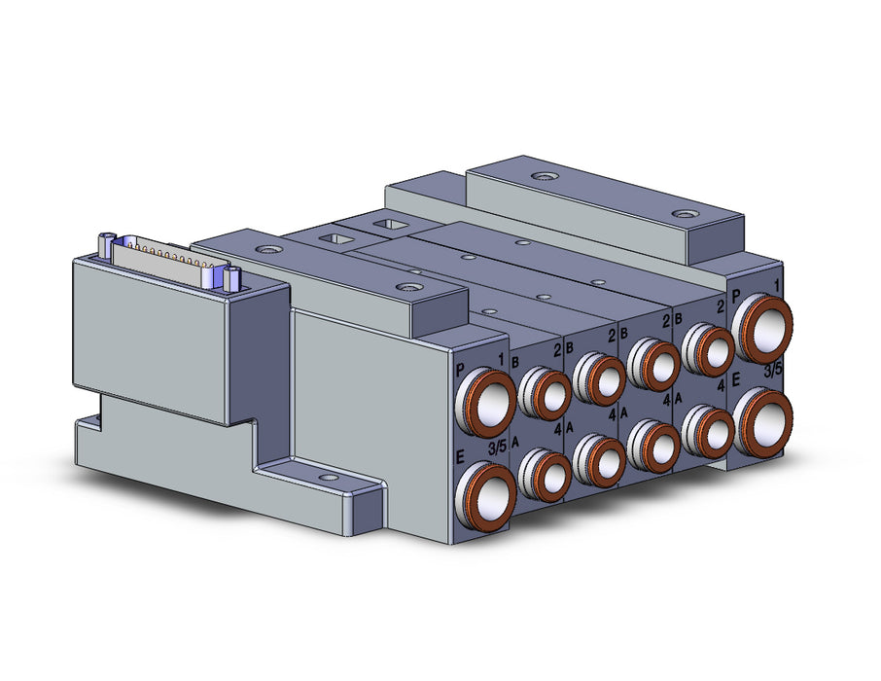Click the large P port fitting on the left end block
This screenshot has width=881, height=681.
pos(486,403)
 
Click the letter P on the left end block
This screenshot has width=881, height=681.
pos(461,370)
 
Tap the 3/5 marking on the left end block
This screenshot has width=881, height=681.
pos(497,448)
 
